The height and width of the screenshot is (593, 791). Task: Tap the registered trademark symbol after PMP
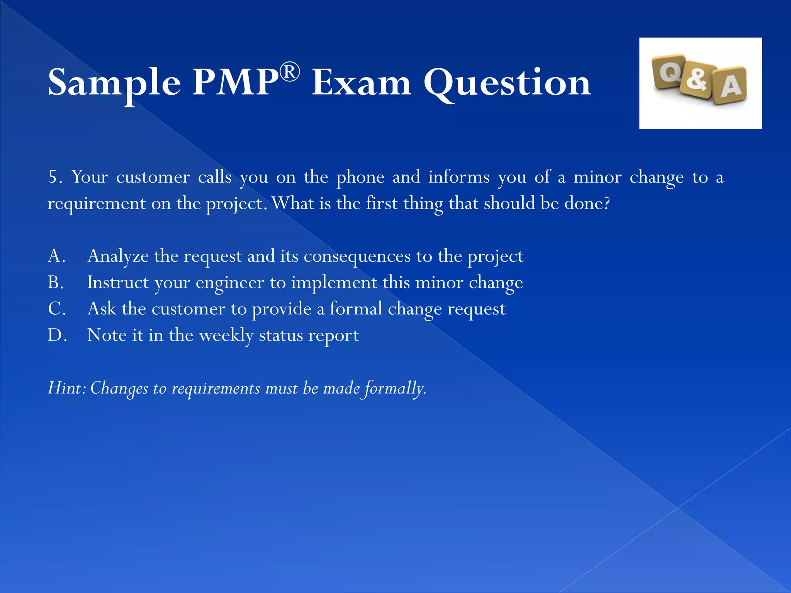(290, 72)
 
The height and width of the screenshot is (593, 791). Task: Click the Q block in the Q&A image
(669, 71)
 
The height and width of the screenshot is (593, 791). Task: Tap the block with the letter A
(730, 86)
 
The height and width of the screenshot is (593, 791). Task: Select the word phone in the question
(360, 177)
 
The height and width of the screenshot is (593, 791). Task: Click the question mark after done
(606, 203)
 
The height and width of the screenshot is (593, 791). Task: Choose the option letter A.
(56, 256)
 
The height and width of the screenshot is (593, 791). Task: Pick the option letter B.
(55, 282)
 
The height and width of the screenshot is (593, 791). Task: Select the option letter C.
(56, 308)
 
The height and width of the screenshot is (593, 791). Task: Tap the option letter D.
(56, 335)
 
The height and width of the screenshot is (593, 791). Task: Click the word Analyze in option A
(118, 256)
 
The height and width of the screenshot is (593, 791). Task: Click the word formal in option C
(356, 308)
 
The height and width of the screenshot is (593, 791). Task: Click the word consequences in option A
(357, 256)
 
